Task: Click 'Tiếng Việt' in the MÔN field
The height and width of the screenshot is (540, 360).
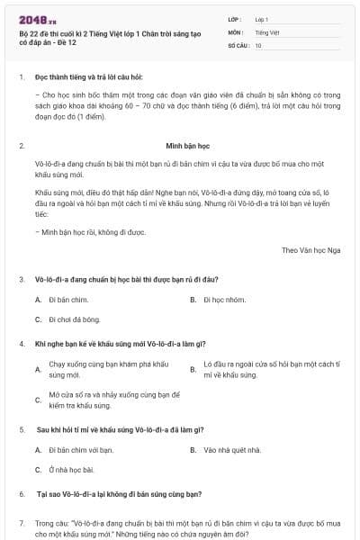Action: coord(266,31)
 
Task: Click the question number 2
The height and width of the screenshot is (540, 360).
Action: coord(22,144)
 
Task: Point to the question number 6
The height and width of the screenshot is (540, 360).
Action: coord(22,494)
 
